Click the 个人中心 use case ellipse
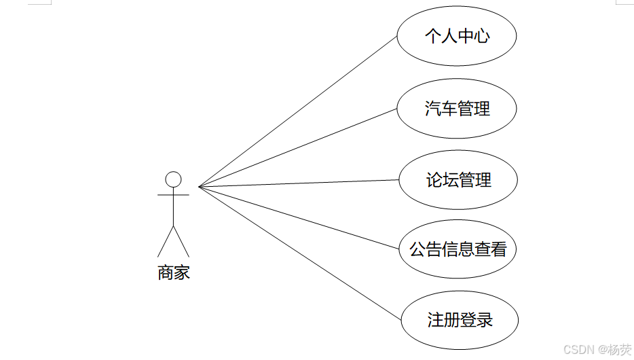[x=456, y=36]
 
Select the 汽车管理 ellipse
[x=456, y=109]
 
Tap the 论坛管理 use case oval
[x=458, y=181]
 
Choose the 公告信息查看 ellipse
[x=458, y=249]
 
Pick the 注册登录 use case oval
[x=460, y=320]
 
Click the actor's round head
[x=174, y=179]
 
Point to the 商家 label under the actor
[x=174, y=273]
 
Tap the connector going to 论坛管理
[x=299, y=183]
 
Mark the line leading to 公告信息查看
[x=299, y=218]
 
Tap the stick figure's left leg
[x=166, y=241]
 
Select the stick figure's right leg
[x=182, y=241]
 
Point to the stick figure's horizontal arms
[x=174, y=195]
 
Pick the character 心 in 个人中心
[x=481, y=36]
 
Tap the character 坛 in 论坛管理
[x=449, y=181]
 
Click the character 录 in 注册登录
[x=484, y=320]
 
